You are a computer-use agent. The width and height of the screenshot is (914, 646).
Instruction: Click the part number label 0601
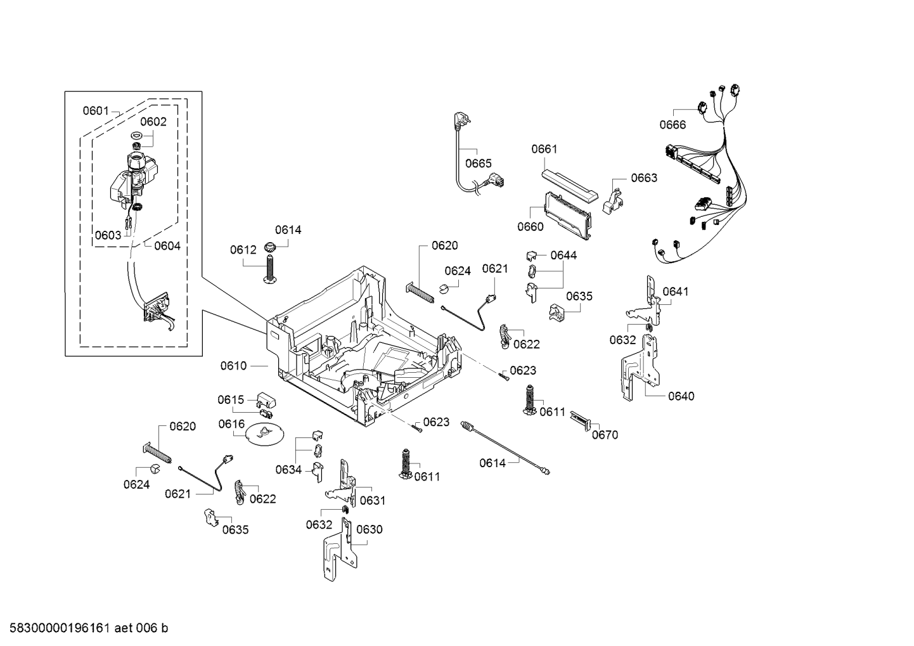(x=96, y=111)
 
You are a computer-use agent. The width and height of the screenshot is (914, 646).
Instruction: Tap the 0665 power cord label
(x=478, y=164)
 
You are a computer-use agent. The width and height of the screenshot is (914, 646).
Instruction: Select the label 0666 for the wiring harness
(x=672, y=125)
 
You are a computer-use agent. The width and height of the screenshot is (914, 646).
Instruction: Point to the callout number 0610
(x=233, y=366)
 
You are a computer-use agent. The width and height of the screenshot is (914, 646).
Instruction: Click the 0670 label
(x=605, y=435)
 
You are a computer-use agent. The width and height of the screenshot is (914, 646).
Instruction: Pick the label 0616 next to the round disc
(x=231, y=423)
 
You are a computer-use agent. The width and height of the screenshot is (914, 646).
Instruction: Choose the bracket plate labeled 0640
(x=641, y=368)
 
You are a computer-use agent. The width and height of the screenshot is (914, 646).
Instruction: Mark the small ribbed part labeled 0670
(x=582, y=420)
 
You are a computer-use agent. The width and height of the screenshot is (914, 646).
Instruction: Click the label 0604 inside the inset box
(x=167, y=246)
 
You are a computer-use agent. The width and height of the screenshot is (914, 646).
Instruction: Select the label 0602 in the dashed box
(x=153, y=122)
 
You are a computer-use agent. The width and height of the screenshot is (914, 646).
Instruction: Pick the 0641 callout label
(x=675, y=292)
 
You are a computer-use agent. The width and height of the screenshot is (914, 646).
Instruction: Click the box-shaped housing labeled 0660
(x=568, y=215)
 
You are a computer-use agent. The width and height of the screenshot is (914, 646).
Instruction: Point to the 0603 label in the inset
(x=108, y=235)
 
